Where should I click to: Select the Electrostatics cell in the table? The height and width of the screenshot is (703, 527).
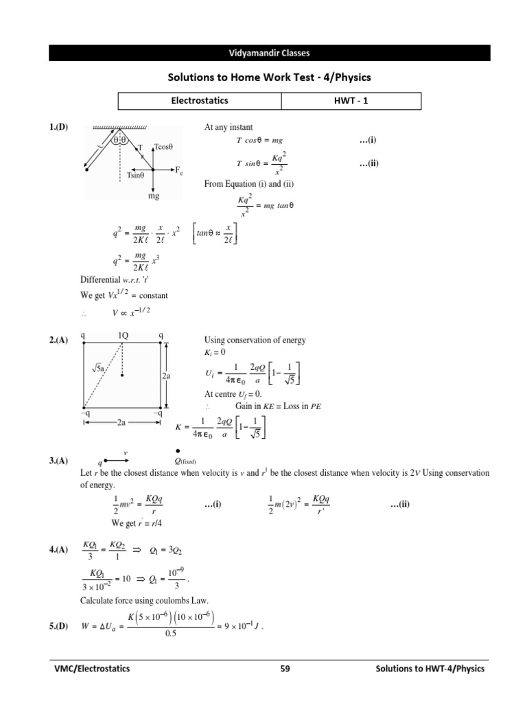point(200,101)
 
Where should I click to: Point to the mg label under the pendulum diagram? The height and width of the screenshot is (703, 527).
point(153,196)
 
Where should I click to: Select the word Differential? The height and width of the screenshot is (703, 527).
point(101,279)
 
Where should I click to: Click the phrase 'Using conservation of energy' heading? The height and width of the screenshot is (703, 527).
point(255,341)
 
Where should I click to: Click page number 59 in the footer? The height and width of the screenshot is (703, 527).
point(287,668)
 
